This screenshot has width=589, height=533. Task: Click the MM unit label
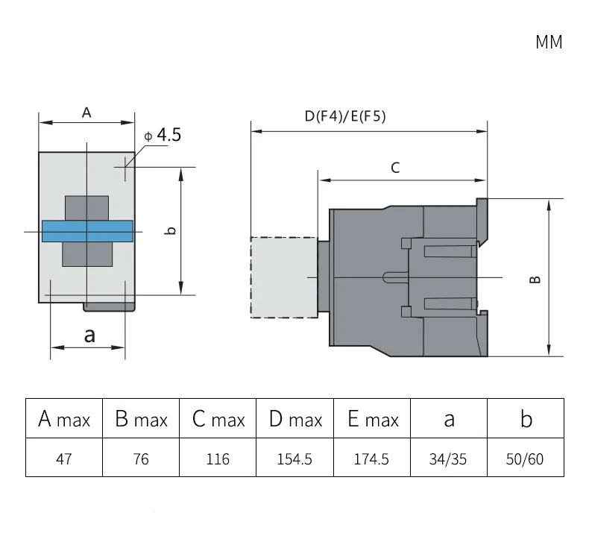[x=549, y=42]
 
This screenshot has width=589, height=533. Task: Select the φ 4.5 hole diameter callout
[x=163, y=135]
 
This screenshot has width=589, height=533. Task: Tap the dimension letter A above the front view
[x=86, y=113]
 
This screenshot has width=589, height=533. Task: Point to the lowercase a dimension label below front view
[x=89, y=335]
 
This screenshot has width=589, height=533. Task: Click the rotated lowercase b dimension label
[x=171, y=230]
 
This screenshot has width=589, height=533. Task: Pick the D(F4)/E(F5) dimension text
[x=345, y=116]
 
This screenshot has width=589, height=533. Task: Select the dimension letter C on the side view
[x=395, y=168]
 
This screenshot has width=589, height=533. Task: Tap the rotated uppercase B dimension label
[x=535, y=280]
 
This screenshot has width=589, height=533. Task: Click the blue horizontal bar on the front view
[x=87, y=231]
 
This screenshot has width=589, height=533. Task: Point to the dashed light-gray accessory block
[x=284, y=277]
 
